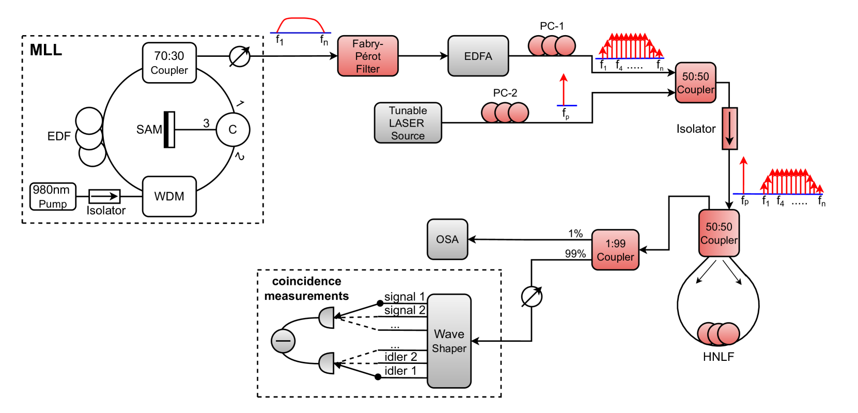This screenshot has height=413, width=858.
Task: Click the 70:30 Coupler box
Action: click(x=169, y=63)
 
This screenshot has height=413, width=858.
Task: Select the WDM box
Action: click(x=169, y=196)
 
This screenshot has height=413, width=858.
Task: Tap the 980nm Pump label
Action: click(x=53, y=197)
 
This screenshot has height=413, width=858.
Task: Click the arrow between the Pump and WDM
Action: click(x=105, y=196)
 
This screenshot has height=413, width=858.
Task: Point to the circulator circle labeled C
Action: click(x=232, y=130)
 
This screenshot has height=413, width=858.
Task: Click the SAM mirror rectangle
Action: click(x=169, y=130)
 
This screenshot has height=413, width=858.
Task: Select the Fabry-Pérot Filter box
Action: click(x=368, y=56)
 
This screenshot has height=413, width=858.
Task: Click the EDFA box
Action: click(x=478, y=56)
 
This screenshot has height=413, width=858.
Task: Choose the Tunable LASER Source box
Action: click(x=408, y=123)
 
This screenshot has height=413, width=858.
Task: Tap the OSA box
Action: click(x=447, y=239)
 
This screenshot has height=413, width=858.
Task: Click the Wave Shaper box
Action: click(x=449, y=341)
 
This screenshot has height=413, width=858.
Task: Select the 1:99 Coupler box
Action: click(x=615, y=250)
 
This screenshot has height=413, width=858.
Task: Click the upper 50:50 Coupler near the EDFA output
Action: click(x=696, y=83)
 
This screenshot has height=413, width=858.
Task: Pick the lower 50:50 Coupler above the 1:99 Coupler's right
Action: click(x=719, y=233)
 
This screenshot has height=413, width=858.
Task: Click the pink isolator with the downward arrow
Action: click(x=729, y=129)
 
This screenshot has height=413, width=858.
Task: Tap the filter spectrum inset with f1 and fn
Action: click(x=301, y=29)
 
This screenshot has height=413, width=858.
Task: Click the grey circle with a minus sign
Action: click(x=283, y=341)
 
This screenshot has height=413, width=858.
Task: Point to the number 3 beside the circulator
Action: click(x=206, y=123)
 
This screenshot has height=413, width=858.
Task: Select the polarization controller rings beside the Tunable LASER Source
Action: click(x=505, y=113)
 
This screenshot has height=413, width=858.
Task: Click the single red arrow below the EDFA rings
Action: click(x=564, y=90)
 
